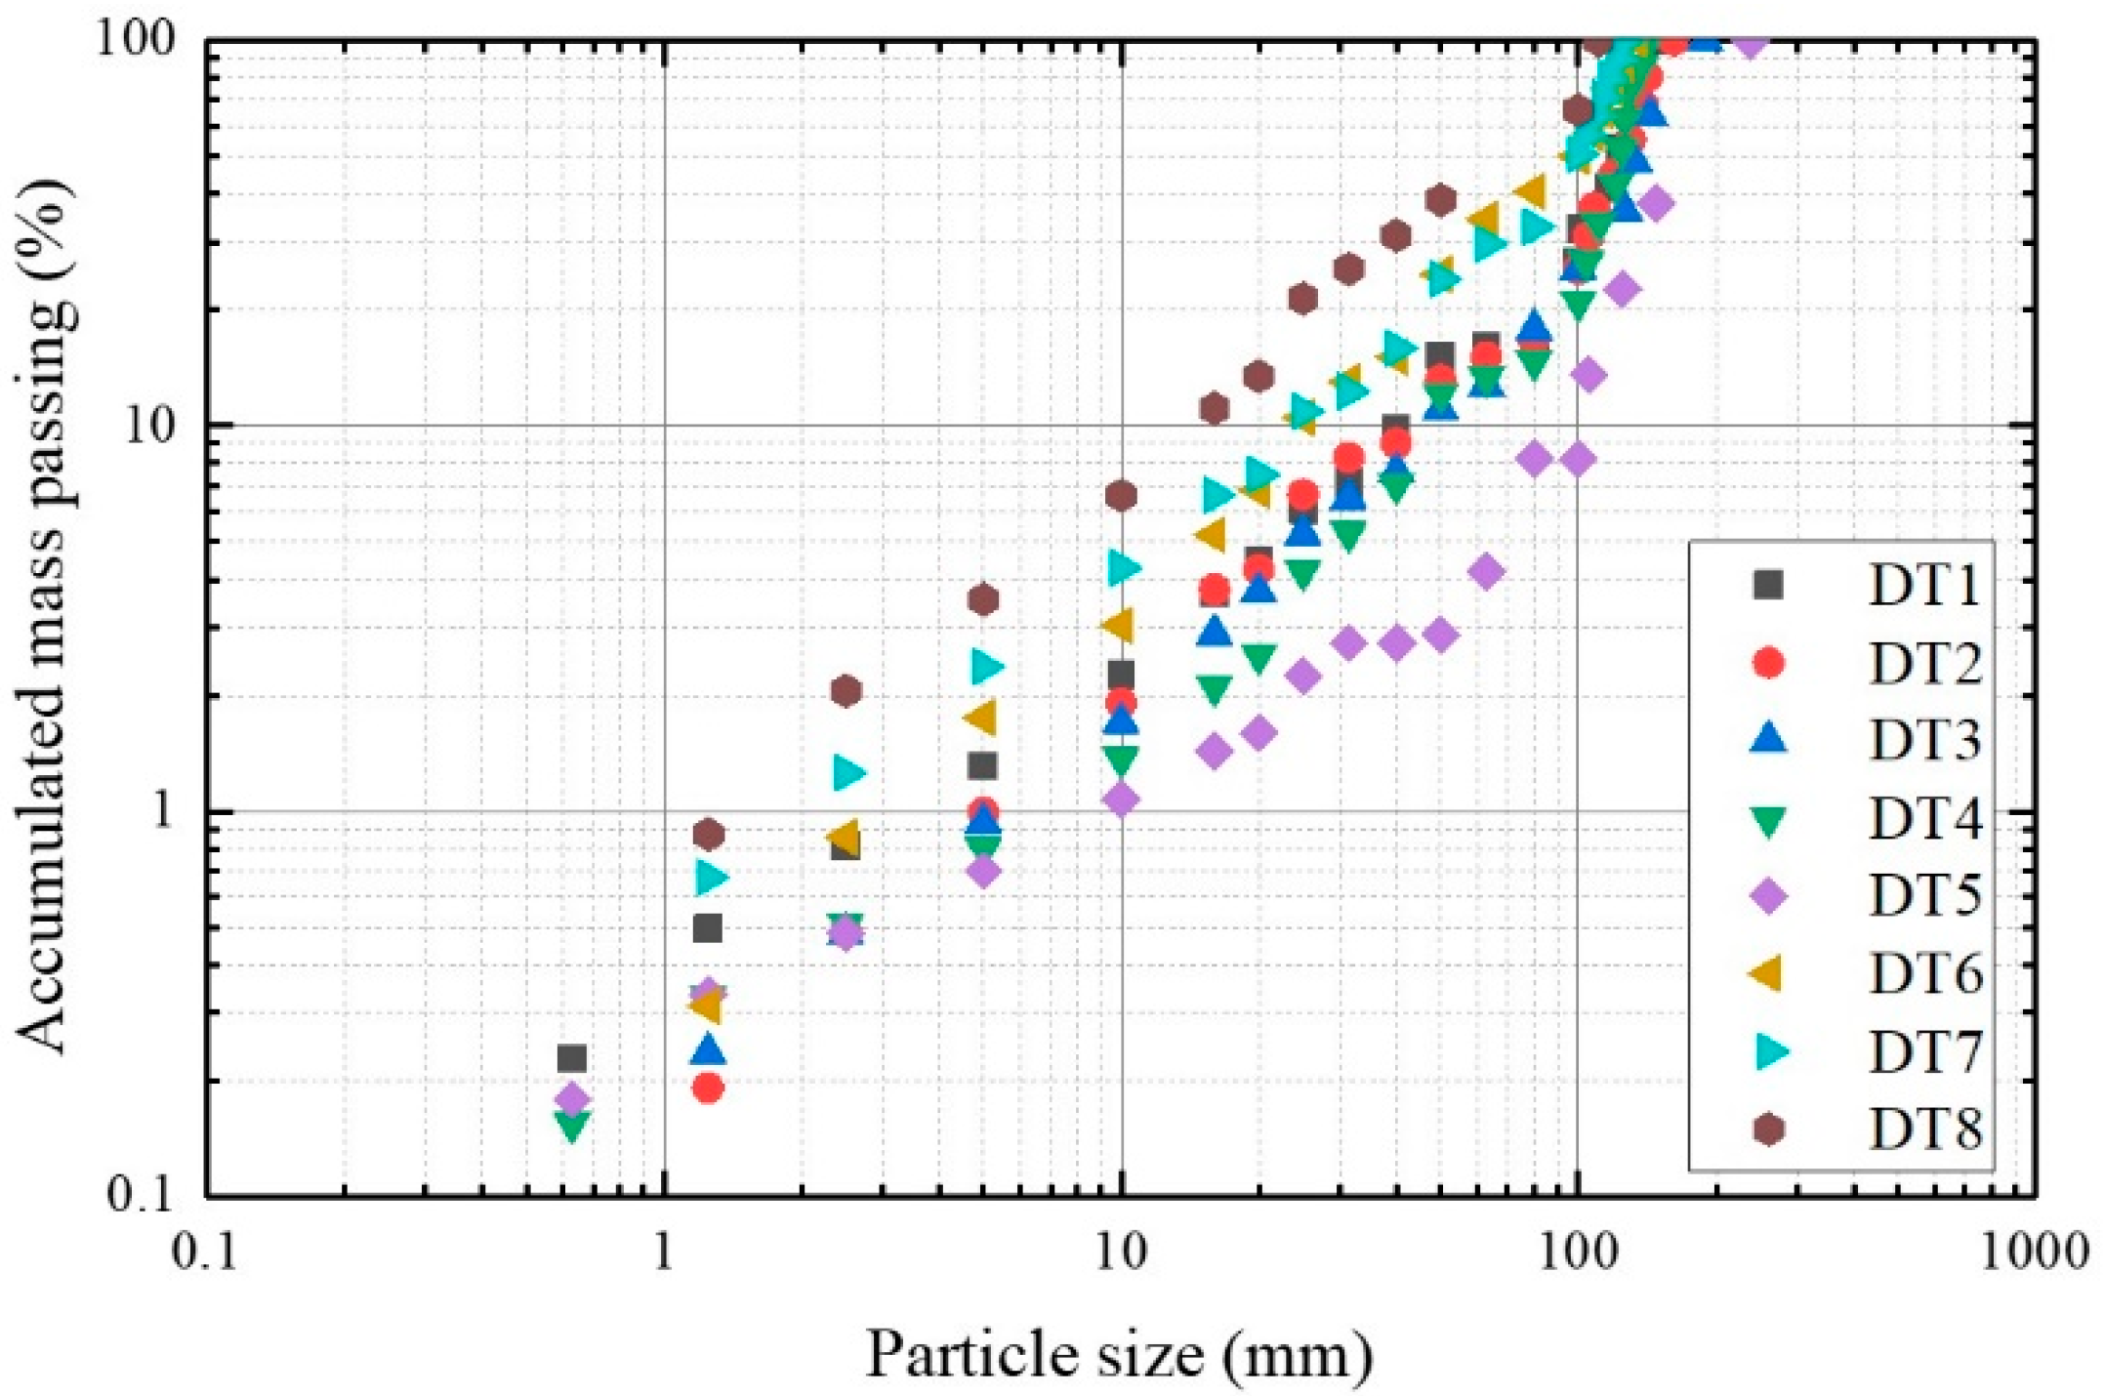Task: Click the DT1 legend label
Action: click(x=1924, y=586)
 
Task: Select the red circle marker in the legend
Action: click(x=1768, y=663)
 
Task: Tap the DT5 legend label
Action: click(x=1924, y=896)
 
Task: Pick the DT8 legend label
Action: click(x=1924, y=1129)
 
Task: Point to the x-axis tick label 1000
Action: click(x=2035, y=1252)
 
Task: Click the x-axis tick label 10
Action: click(x=1120, y=1252)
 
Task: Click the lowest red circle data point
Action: click(x=708, y=1088)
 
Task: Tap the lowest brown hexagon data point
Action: click(x=708, y=835)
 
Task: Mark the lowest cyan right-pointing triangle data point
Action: click(x=712, y=878)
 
